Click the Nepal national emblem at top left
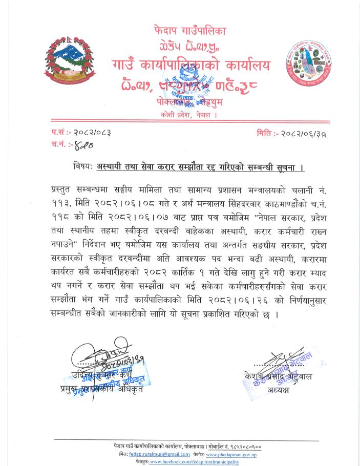pos(66,63)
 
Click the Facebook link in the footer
pos(195,461)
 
